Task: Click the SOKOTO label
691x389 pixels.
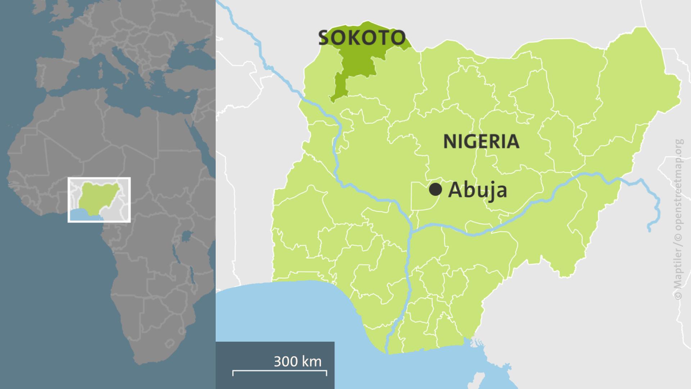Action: [x=362, y=38]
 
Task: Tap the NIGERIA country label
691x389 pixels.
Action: [x=481, y=142]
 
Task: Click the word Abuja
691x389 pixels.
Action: [x=478, y=190]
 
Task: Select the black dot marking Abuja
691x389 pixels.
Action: [x=435, y=189]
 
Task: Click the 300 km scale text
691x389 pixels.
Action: [x=297, y=361]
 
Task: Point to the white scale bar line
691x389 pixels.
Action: [x=280, y=371]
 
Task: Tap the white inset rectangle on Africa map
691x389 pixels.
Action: [x=99, y=200]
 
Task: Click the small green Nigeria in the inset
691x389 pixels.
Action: [x=99, y=196]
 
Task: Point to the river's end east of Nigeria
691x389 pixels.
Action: [x=650, y=230]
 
